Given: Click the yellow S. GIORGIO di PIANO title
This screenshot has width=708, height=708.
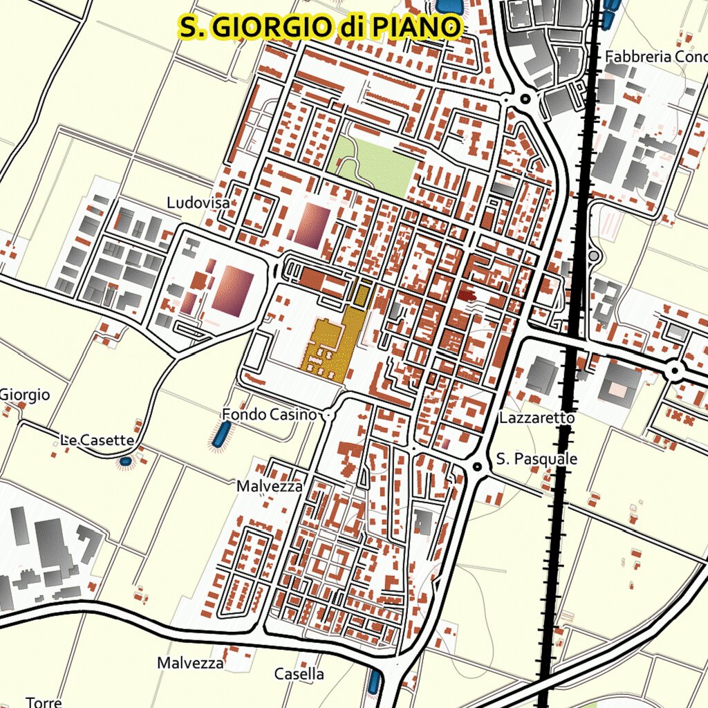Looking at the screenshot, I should pos(319,27).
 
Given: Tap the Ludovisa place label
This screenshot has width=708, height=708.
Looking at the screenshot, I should pos(198,203).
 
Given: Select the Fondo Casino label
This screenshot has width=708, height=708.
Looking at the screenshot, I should pos(268,414).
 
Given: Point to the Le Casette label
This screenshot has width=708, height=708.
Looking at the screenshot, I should pos(97,440).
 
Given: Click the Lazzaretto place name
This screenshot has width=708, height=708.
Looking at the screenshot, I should pos(537,418).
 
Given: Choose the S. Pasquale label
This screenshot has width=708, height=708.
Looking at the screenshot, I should pos(537,459).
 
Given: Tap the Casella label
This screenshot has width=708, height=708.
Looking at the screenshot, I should pos(299,673).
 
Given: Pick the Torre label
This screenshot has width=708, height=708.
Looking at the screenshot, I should pos(44,701).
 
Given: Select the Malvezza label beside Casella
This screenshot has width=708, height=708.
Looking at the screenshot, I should pos(190,663).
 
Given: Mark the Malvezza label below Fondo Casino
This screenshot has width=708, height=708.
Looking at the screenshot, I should pos(270,486).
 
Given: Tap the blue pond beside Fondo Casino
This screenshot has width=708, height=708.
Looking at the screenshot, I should pos(221,434).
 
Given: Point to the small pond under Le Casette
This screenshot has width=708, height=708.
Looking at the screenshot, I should pos(125,460).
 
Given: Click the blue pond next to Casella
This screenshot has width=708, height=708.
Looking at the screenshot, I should pos(374,682).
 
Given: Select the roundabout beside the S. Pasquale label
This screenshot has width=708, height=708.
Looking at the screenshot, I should pos(476,467).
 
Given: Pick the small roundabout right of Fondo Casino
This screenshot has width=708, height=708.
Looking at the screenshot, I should pos(328,415).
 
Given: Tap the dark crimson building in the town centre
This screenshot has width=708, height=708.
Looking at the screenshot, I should pos(467,292).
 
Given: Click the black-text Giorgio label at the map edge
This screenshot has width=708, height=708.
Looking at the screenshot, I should pos(25,395).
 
